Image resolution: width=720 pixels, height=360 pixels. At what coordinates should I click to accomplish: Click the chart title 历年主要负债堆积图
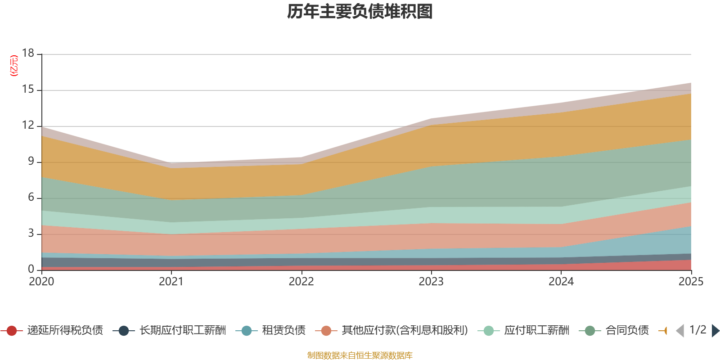[360, 12]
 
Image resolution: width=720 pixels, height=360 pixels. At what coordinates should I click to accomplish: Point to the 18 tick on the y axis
[28, 53]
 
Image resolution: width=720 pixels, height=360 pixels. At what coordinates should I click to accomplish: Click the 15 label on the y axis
[28, 90]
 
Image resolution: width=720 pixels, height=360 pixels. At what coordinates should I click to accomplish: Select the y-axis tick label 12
[28, 126]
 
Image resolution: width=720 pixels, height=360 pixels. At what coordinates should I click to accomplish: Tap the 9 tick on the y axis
[31, 161]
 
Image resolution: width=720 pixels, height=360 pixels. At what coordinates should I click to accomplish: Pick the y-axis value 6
[31, 197]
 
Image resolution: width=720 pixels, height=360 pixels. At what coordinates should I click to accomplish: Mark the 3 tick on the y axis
[31, 233]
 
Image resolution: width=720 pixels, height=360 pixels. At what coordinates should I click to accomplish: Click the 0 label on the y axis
[31, 269]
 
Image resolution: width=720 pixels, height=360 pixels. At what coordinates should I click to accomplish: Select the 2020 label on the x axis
[41, 282]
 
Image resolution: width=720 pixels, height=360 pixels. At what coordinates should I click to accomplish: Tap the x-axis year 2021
[171, 282]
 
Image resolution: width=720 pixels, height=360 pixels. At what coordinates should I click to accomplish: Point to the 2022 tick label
[301, 282]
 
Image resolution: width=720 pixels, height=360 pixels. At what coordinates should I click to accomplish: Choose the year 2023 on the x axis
[431, 282]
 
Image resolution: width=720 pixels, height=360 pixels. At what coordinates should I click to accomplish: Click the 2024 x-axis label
[561, 282]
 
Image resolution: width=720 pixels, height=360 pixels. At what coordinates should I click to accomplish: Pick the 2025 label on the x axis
[691, 282]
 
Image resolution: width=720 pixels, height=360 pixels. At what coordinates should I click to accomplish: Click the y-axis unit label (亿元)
[14, 66]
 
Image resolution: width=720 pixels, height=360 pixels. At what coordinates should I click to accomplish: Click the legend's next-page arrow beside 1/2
[715, 331]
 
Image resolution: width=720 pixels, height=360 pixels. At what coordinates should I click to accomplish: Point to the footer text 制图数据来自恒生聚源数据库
[360, 355]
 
